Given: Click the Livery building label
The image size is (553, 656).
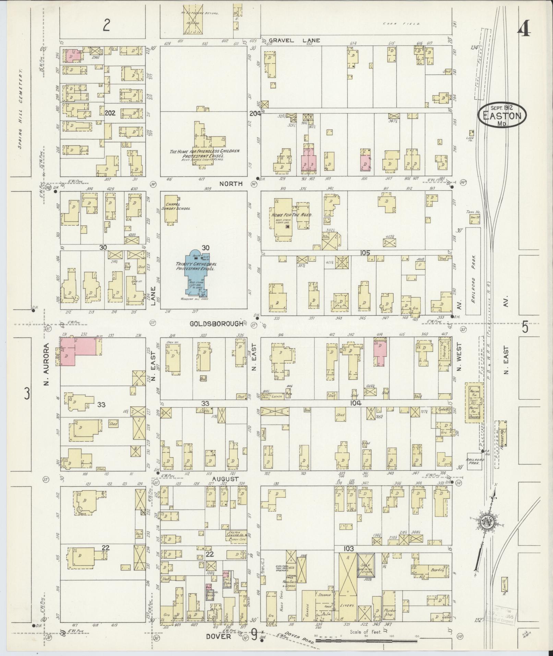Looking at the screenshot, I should click(347, 606).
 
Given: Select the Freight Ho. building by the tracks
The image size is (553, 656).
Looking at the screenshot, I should click(503, 433).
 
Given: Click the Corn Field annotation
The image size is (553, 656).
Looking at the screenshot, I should click(392, 24).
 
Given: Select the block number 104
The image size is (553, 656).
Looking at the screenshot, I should click(356, 404).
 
